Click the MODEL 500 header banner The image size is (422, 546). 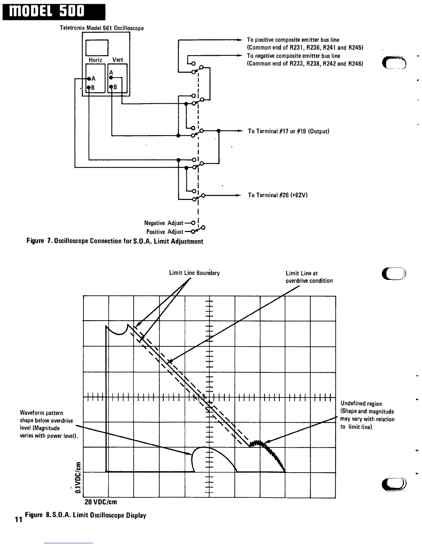(53, 12)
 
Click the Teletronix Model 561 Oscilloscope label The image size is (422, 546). (102, 28)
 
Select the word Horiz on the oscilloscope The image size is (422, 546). (95, 60)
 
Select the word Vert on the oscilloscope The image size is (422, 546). (118, 60)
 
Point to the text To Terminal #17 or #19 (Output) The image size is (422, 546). (289, 131)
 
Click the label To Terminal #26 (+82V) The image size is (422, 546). (278, 195)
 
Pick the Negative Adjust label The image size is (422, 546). (164, 223)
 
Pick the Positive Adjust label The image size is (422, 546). (165, 232)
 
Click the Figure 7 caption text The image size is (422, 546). (115, 241)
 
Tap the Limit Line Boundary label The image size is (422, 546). (194, 273)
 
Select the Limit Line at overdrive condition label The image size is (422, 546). (309, 277)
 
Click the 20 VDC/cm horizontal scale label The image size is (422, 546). (101, 502)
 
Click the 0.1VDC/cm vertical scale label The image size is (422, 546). (79, 477)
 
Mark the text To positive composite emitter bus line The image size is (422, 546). (293, 40)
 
